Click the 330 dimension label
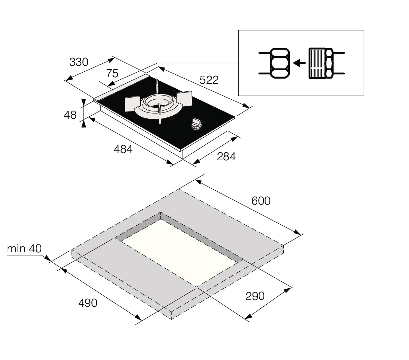(x=79, y=62)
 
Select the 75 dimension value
(x=112, y=73)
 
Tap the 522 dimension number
(x=209, y=80)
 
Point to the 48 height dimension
(x=70, y=115)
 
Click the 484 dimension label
(x=123, y=149)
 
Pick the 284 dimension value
(x=226, y=156)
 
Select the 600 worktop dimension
(x=261, y=201)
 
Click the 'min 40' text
(x=24, y=249)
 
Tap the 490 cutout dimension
(x=88, y=303)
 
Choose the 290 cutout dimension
(x=255, y=296)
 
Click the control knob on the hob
(x=196, y=124)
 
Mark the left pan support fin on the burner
(x=132, y=103)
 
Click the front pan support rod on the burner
(x=159, y=114)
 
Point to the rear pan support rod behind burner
(x=157, y=87)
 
